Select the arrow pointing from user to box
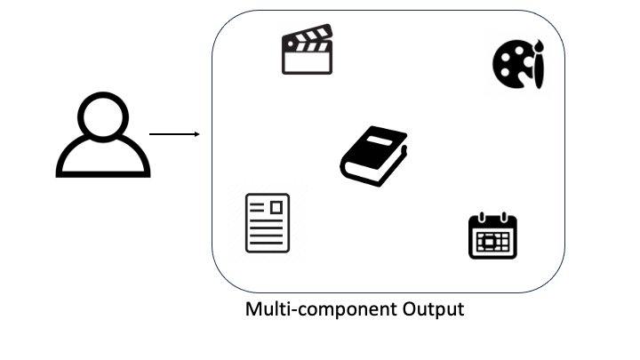(x=173, y=134)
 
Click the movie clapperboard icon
(x=307, y=51)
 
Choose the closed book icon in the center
(x=373, y=156)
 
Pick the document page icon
(x=268, y=222)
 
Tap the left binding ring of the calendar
(x=481, y=217)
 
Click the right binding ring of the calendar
(x=504, y=217)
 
